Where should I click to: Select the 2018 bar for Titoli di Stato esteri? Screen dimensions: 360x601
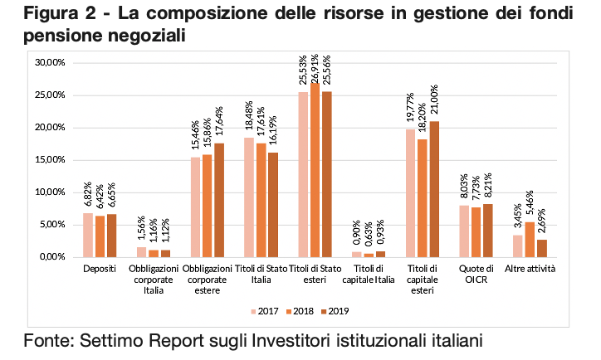[315, 170]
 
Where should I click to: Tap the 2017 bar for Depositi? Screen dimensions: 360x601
[87, 236]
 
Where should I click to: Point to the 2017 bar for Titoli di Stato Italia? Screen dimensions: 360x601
[248, 197]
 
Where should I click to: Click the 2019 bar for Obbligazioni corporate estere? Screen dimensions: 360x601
[219, 200]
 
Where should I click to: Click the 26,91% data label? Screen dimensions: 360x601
[315, 66]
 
